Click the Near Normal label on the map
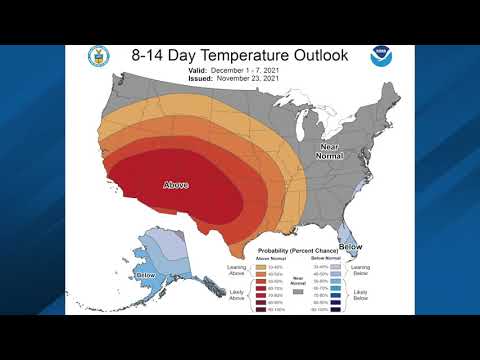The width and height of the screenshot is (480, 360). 329,152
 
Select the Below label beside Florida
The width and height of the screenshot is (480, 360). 350,246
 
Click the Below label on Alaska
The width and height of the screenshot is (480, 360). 146,274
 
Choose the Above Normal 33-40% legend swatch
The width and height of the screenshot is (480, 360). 262,267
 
